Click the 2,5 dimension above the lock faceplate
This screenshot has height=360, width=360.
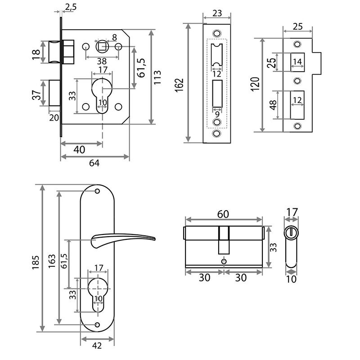pos(70,6)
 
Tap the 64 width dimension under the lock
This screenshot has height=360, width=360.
pos(94,163)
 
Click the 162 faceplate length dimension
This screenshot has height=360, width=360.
pos(179,84)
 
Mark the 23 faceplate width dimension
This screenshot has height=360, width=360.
pos(216,14)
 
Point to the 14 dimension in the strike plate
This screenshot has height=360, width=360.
pos(297,62)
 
